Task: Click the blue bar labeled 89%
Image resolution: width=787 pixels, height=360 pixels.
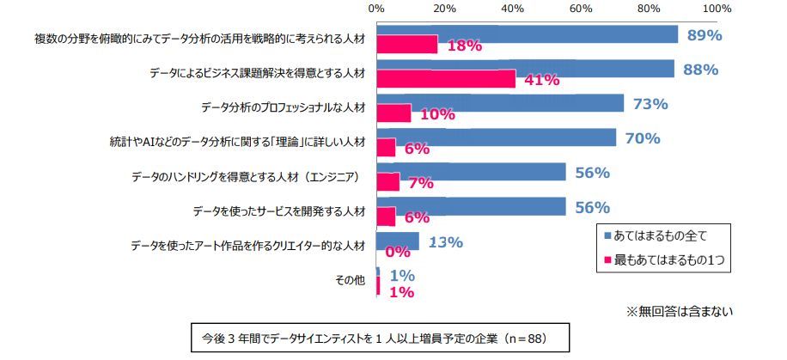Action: [x=527, y=34]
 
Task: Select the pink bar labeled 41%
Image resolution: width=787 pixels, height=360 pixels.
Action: [x=445, y=79]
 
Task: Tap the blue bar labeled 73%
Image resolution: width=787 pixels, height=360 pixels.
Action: [x=499, y=103]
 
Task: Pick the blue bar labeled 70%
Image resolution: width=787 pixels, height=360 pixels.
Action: [x=496, y=137]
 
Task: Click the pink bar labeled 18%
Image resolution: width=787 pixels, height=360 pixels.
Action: [x=406, y=45]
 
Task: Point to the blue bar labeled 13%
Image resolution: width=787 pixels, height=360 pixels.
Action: [x=397, y=241]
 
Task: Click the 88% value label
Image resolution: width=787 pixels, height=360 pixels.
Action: [x=700, y=70]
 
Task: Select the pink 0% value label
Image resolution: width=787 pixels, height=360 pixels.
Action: [x=397, y=253]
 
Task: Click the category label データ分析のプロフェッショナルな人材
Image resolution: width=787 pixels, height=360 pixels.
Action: [x=284, y=107]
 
